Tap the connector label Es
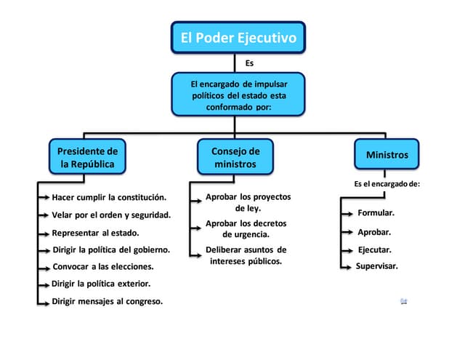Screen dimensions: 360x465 (250, 63)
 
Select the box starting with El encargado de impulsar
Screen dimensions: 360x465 (238, 95)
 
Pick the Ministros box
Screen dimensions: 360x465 (387, 155)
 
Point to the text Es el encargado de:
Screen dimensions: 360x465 (387, 184)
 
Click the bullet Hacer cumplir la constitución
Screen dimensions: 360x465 (109, 197)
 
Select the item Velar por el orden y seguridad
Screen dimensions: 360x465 (111, 215)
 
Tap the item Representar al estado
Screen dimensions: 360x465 (95, 233)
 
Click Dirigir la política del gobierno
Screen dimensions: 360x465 (110, 249)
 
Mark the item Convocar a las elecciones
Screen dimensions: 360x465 (102, 266)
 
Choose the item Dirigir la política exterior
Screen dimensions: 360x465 (101, 284)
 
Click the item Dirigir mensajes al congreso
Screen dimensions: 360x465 (107, 301)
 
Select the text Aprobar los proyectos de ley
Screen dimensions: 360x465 (248, 202)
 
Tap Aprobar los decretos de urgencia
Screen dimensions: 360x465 (246, 228)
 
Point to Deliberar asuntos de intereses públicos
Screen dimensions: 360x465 (246, 255)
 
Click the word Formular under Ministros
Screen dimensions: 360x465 (376, 213)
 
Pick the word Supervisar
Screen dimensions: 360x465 (376, 266)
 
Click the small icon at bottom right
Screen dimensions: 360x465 (403, 300)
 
